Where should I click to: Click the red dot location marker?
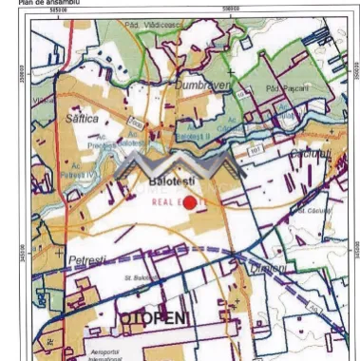pyautogui.click(x=189, y=201)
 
